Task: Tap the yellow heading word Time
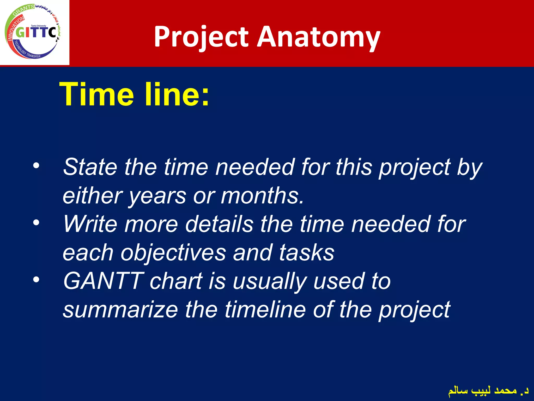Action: (x=96, y=95)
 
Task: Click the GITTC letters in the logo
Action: (x=36, y=33)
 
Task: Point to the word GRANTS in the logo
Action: (x=23, y=10)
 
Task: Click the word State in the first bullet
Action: (x=90, y=167)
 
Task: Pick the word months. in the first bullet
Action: (x=262, y=196)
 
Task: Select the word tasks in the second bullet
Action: (x=307, y=253)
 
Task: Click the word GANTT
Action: (x=103, y=281)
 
